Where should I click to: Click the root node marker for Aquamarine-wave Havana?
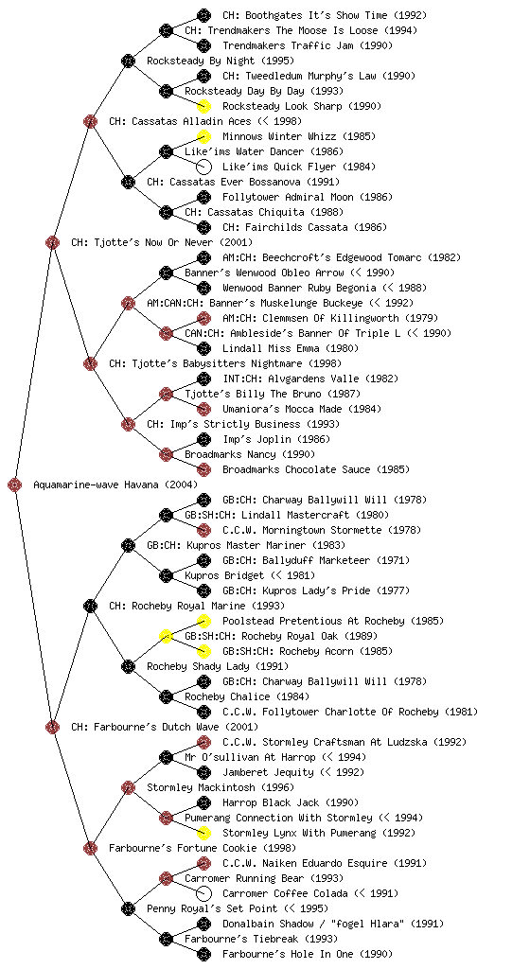15,484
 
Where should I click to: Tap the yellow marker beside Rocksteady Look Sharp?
203,106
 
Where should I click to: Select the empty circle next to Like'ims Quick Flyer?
203,167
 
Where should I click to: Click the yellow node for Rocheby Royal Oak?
166,636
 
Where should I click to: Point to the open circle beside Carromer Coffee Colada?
203,893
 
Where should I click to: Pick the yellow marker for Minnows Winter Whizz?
203,136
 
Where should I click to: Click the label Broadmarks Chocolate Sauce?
296,469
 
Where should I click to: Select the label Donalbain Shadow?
267,924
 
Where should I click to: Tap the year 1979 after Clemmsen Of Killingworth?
422,318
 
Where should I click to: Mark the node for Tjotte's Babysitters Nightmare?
90,363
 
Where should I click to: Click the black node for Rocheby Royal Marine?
90,606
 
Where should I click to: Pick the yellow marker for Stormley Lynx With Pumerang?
203,833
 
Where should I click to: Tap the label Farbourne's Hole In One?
288,954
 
